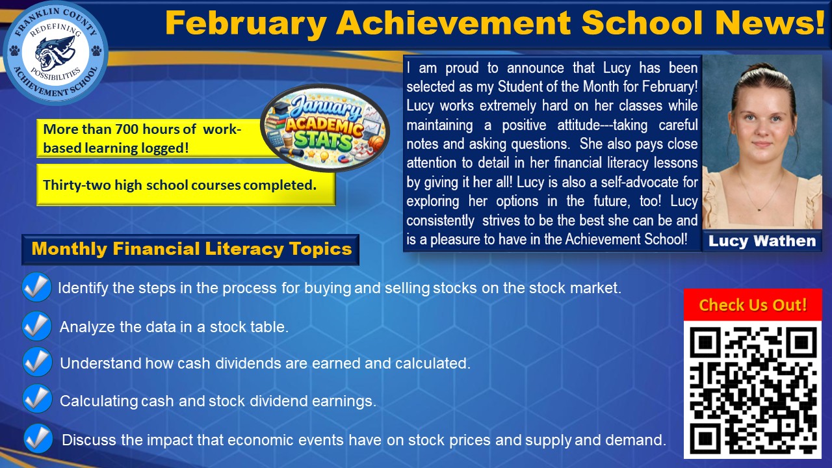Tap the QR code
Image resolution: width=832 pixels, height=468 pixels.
coord(753,389)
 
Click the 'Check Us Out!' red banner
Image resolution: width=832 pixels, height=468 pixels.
coord(753,305)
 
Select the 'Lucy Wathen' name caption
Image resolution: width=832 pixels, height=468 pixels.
coord(762,241)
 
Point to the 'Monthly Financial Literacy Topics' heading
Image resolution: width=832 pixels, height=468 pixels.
coord(191,249)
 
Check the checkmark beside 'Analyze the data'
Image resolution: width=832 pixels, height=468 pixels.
coord(37,326)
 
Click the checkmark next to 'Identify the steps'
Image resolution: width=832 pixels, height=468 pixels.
coord(36,287)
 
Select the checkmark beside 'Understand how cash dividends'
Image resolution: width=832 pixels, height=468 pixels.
coord(37,363)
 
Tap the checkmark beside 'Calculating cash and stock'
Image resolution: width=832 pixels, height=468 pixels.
coord(37,399)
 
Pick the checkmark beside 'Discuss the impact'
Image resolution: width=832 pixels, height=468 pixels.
coord(38,439)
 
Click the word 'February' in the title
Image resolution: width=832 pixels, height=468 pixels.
coord(245,24)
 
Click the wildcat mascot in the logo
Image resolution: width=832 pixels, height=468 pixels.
coord(55,52)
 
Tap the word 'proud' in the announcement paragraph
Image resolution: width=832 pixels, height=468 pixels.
coord(465,68)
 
